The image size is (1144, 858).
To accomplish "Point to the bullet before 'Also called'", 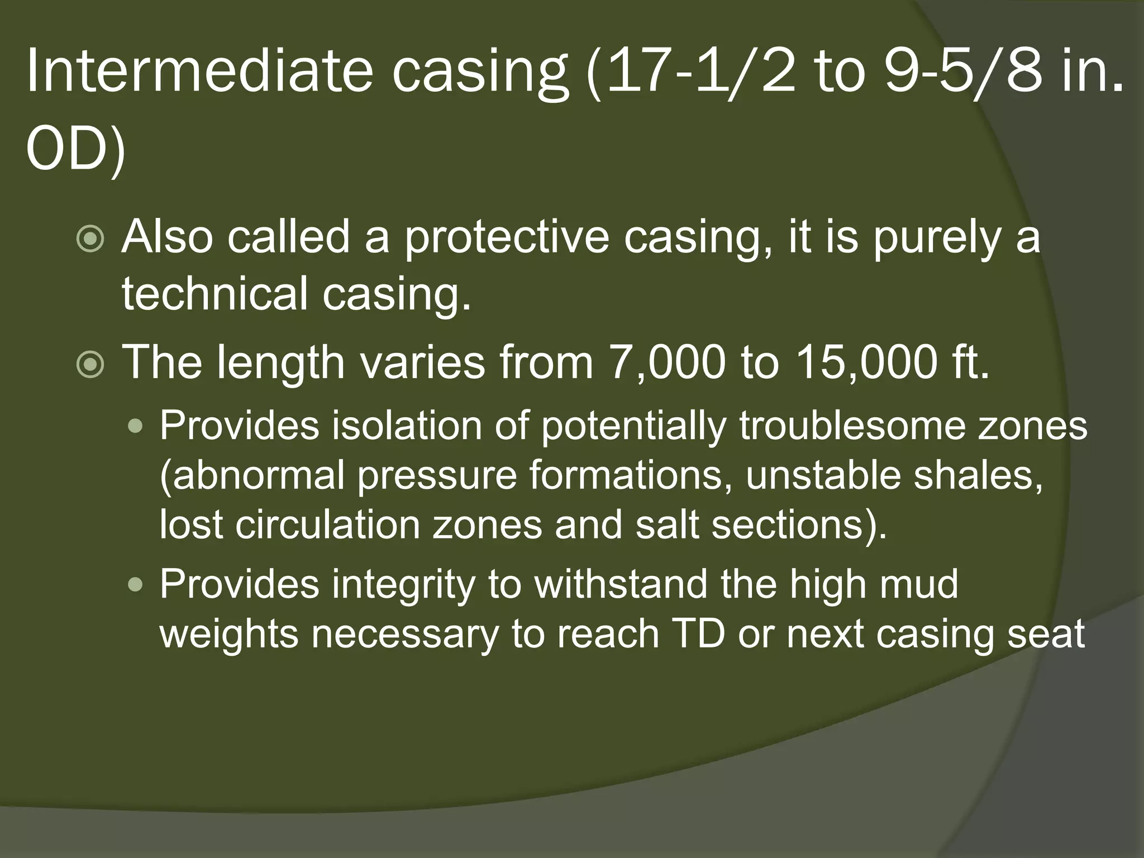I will click(90, 240).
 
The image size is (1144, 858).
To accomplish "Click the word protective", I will click(506, 238).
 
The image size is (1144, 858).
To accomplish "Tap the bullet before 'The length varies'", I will click(90, 365).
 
